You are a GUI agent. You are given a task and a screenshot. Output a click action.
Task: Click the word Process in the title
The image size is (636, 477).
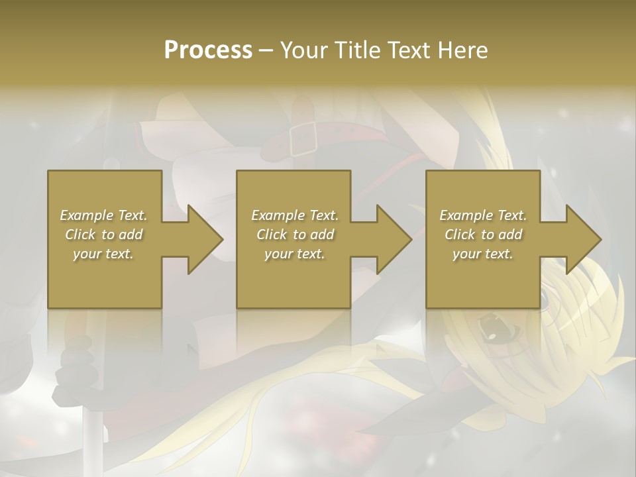(x=208, y=50)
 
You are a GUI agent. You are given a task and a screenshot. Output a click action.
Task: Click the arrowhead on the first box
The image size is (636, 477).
(x=205, y=239)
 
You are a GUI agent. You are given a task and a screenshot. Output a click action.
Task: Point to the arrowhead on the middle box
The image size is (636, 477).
(x=394, y=239)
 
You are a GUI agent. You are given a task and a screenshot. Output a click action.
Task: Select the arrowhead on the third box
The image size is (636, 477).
(x=584, y=239)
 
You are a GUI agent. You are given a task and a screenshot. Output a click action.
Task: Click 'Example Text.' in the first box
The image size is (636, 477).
(x=103, y=215)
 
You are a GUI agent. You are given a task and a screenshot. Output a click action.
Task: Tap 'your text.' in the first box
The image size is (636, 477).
(x=103, y=254)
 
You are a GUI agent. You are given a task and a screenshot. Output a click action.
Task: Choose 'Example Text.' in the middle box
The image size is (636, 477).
(x=294, y=215)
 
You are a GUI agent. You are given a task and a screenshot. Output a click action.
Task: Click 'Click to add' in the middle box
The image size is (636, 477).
(x=294, y=235)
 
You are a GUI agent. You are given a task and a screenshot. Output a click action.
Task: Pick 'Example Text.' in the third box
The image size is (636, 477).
(x=483, y=215)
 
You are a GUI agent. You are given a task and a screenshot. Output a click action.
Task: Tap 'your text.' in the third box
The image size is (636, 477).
(x=483, y=254)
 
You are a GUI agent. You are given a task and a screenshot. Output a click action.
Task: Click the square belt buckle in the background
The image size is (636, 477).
(x=303, y=138)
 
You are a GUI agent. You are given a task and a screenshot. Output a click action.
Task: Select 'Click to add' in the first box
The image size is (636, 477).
(x=103, y=235)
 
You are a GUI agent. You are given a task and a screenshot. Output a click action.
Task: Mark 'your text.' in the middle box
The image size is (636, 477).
(x=294, y=254)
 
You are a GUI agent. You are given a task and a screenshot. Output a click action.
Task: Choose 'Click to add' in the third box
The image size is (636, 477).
(x=483, y=235)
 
